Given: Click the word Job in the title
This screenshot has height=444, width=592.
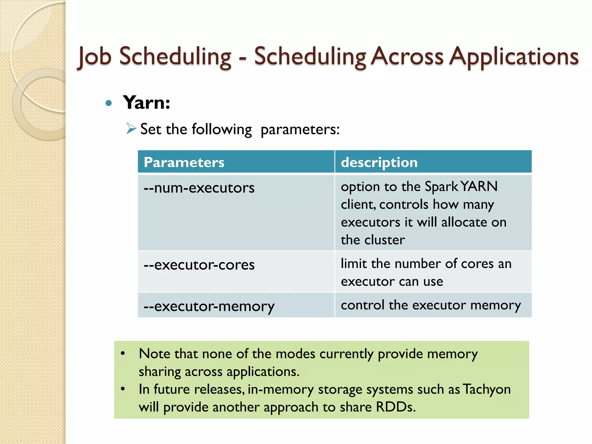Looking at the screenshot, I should coord(95,56).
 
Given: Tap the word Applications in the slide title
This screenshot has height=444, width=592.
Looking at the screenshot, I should coord(514,56).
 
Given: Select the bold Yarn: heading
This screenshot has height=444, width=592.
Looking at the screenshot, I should coord(147,103).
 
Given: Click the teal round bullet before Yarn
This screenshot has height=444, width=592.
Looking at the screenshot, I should coord(109,103).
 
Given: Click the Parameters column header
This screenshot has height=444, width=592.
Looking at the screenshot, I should coord(184,162).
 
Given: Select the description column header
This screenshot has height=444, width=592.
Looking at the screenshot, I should coord(379,162).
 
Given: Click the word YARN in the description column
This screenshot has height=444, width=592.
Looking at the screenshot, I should coord(479,186).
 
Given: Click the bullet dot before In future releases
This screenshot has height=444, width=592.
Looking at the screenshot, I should coord(123,389).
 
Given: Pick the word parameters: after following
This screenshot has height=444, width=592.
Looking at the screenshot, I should coord(300,129).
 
